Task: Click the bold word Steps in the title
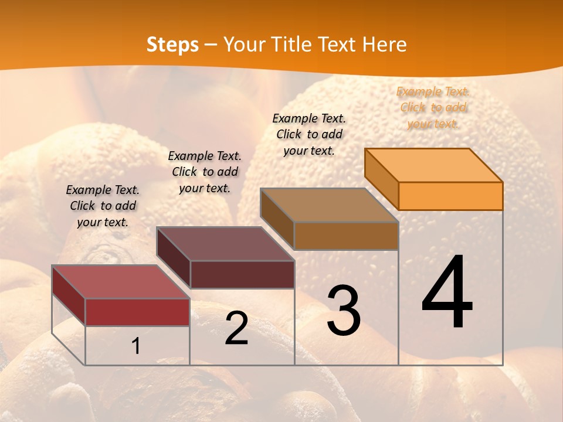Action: tap(172, 45)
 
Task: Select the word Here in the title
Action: tap(384, 45)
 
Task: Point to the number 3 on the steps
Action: tap(344, 310)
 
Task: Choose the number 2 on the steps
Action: tap(236, 328)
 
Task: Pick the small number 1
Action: tap(136, 346)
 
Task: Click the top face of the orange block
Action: tap(434, 165)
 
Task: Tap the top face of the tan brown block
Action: tap(330, 205)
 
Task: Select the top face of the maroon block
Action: tap(225, 244)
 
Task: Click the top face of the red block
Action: tap(121, 282)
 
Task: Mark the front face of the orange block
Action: tap(450, 196)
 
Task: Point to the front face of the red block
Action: tap(137, 312)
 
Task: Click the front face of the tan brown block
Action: tap(346, 236)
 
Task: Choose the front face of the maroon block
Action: tap(242, 274)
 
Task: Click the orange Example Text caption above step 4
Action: tap(433, 107)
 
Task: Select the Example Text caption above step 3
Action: tap(309, 134)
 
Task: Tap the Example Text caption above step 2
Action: tap(205, 172)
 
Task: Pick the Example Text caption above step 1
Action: tap(103, 206)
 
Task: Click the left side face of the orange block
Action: tap(382, 179)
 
